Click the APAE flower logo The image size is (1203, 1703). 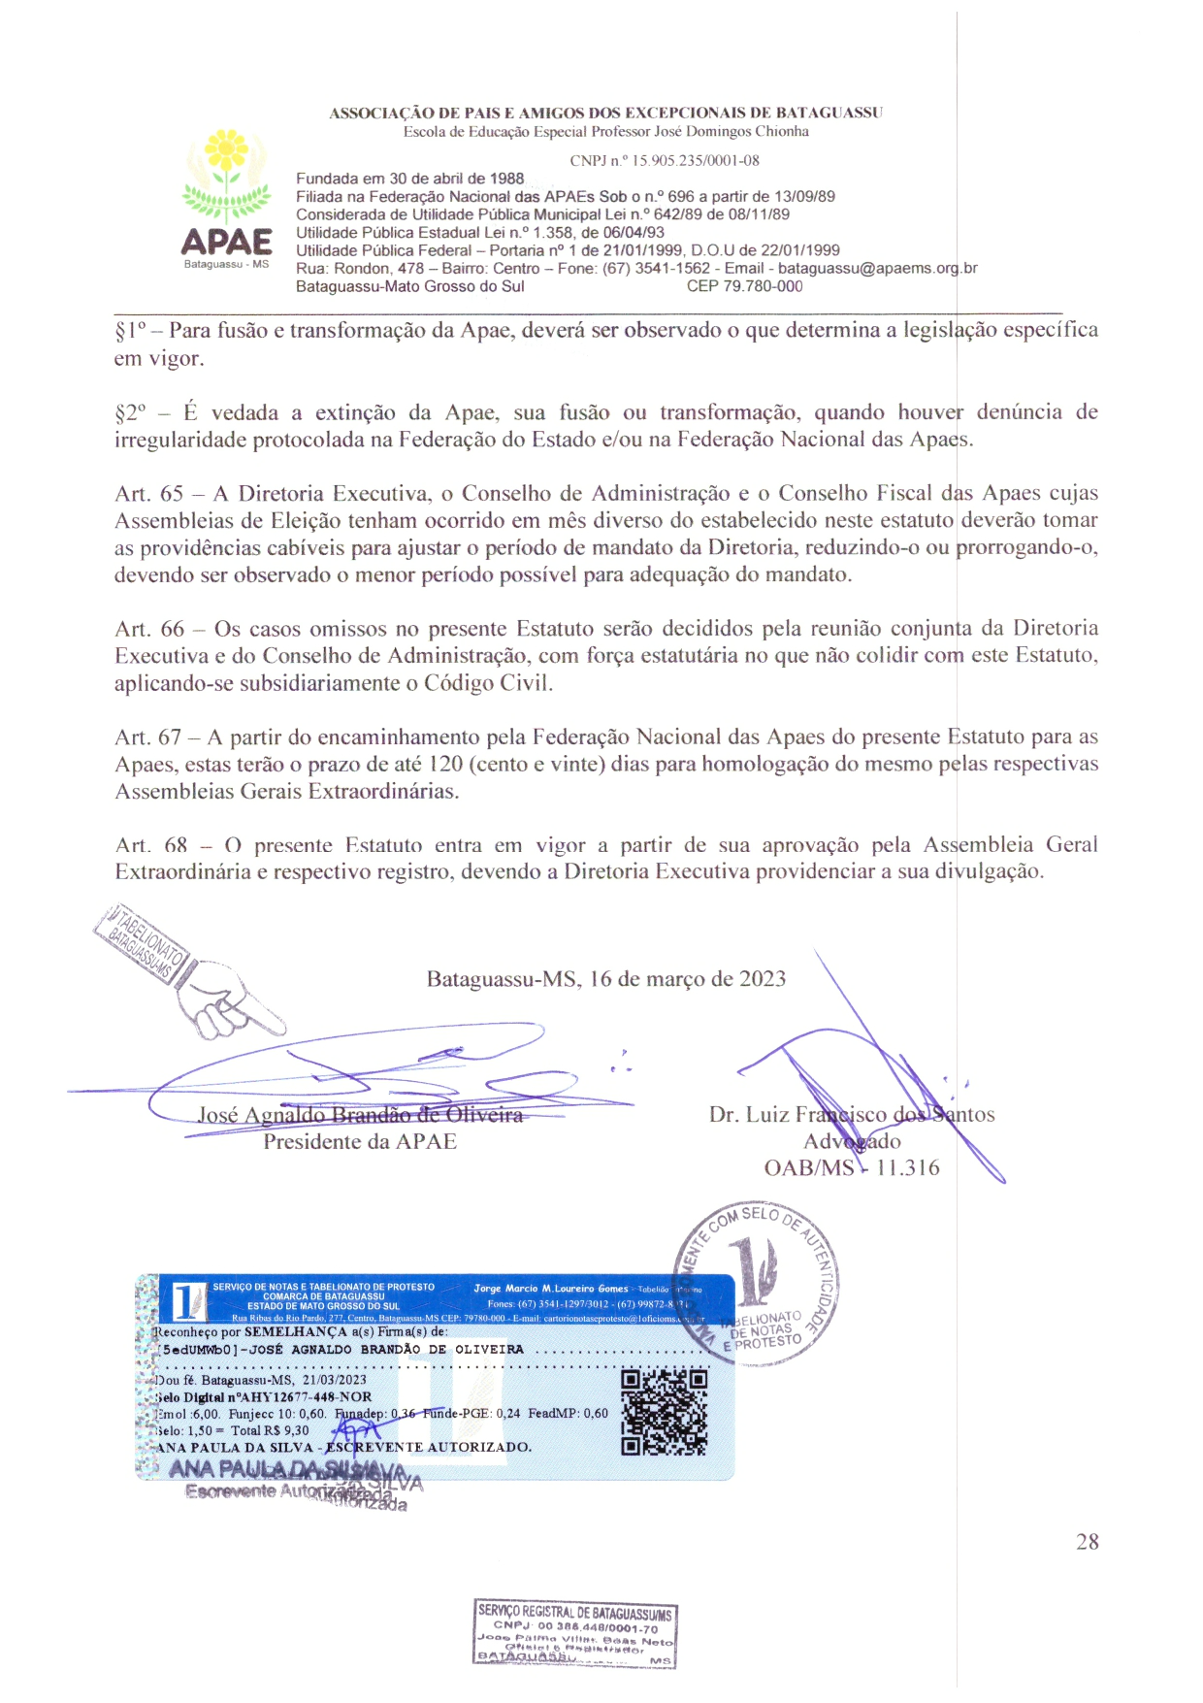pyautogui.click(x=227, y=194)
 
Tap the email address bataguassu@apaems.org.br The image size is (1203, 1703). pyautogui.click(x=877, y=269)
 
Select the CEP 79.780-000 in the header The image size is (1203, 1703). pyautogui.click(x=744, y=286)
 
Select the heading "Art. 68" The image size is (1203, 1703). pyautogui.click(x=150, y=846)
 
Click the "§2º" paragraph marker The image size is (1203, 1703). pyautogui.click(x=131, y=413)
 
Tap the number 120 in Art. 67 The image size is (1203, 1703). pyautogui.click(x=445, y=765)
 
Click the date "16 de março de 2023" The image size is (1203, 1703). pyautogui.click(x=688, y=979)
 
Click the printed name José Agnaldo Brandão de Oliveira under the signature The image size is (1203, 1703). pyautogui.click(x=360, y=1115)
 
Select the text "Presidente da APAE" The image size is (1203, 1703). pyautogui.click(x=360, y=1142)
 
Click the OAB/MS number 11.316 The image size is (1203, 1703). pyautogui.click(x=907, y=1168)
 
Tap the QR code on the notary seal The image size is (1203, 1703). pyautogui.click(x=664, y=1412)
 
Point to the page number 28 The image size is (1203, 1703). pyautogui.click(x=1088, y=1542)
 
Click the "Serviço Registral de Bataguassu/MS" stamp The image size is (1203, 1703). pyautogui.click(x=574, y=1635)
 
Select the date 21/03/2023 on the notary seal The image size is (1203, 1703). pyautogui.click(x=335, y=1380)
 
